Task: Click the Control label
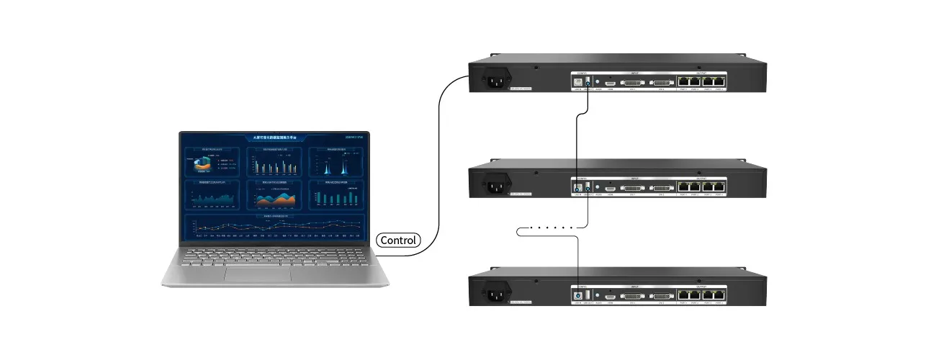(397, 240)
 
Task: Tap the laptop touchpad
(257, 274)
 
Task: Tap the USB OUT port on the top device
(588, 83)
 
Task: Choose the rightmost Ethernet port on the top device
(720, 82)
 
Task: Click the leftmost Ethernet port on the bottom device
(683, 296)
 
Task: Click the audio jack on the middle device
(598, 189)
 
